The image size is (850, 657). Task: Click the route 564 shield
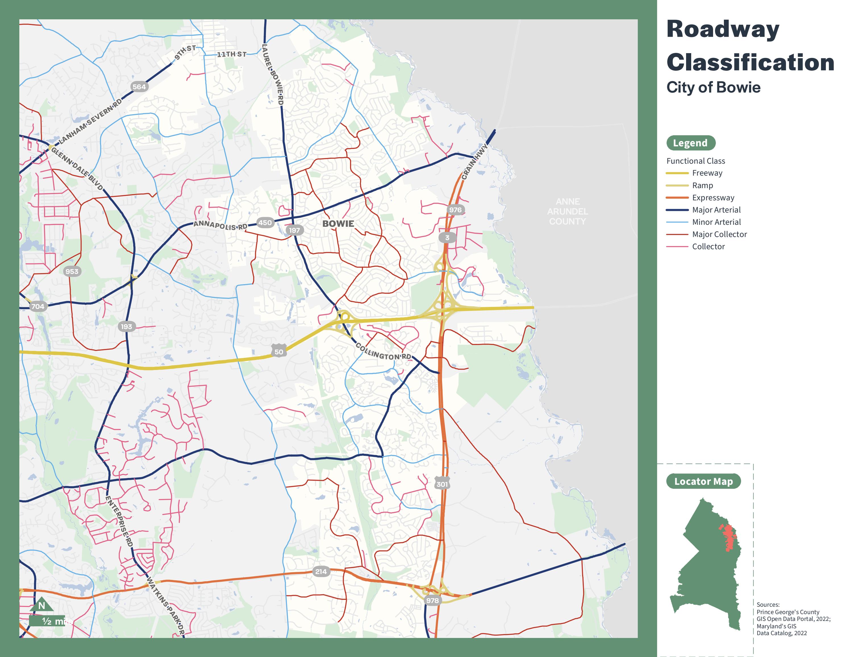139,87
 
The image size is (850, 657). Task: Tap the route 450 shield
265,223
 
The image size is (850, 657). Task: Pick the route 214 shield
321,571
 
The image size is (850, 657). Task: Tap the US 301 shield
442,484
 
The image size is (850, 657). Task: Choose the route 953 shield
72,271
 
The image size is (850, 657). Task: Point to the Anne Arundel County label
567,211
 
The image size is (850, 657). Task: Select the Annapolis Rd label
220,225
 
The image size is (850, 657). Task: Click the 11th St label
232,54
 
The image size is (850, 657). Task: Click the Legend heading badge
690,143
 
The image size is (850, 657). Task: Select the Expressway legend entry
713,197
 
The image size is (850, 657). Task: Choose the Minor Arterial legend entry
716,222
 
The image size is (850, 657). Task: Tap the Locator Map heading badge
703,481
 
